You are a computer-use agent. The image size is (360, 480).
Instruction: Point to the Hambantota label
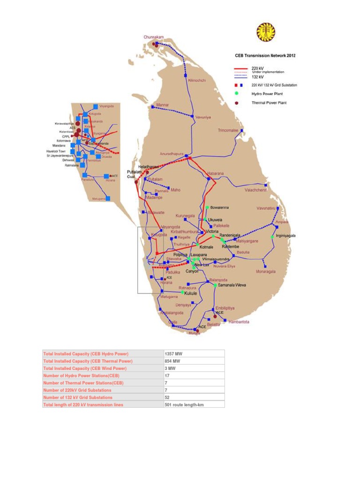pos(239,322)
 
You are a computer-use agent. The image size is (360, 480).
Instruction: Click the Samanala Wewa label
pos(232,285)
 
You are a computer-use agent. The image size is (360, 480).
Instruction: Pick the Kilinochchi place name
pos(197,80)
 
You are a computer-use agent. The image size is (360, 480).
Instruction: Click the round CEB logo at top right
pos(266,32)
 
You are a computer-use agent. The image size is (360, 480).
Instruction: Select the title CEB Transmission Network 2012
pos(265,55)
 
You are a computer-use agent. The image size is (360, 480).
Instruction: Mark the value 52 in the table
pos(167,397)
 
